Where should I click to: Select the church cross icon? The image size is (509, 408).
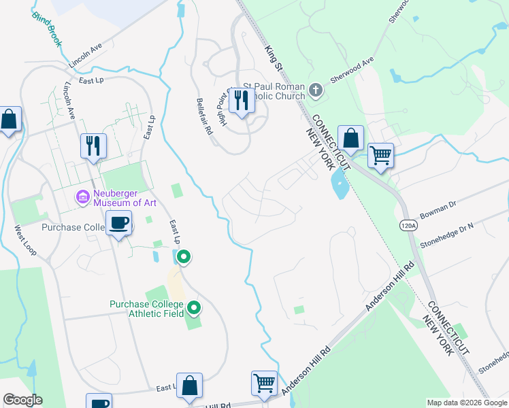[315, 90]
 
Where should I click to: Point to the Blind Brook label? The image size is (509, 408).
[48, 29]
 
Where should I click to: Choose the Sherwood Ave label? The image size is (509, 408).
[352, 69]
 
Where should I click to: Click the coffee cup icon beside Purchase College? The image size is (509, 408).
[120, 223]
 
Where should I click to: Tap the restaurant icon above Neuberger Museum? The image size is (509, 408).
[93, 145]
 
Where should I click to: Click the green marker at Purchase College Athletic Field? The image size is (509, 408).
[195, 309]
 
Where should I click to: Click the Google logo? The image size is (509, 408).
[22, 400]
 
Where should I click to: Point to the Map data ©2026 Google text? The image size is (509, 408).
[467, 403]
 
